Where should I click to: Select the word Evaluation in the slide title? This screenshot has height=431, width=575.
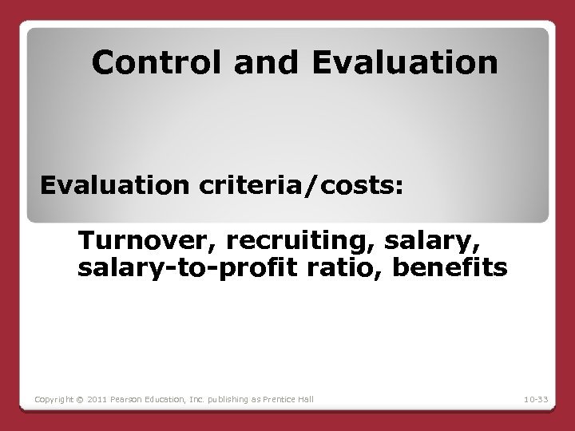tap(406, 61)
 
